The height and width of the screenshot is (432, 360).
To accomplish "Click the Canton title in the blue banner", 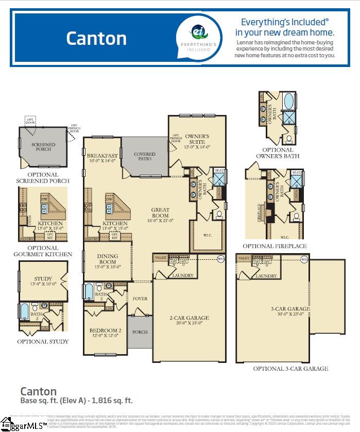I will [96, 38].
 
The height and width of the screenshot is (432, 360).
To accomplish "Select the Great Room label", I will [160, 213].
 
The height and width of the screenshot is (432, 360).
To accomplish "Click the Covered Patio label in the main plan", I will [145, 157].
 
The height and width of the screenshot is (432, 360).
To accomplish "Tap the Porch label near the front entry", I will [140, 332].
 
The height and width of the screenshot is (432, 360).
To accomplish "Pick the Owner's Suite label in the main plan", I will [197, 142].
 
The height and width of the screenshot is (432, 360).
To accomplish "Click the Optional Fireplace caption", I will [275, 246].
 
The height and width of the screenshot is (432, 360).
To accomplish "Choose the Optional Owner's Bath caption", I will [278, 153].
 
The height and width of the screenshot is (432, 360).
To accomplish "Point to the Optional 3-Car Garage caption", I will [290, 369].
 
